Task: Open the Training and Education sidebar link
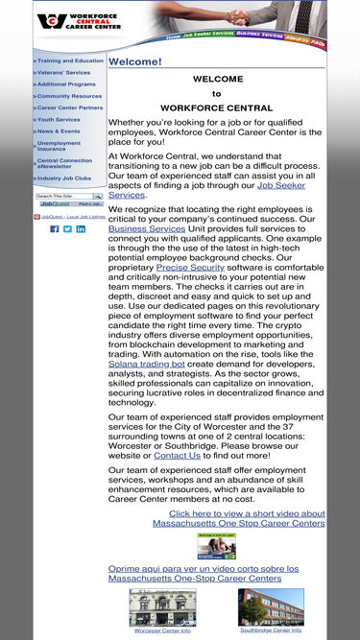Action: (x=70, y=60)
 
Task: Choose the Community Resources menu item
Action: (x=69, y=96)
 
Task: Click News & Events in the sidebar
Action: (x=59, y=130)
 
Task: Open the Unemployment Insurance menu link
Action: (x=59, y=146)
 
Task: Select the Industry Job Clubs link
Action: (x=64, y=178)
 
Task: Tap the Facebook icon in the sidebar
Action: (x=55, y=229)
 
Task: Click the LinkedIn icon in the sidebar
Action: (x=81, y=229)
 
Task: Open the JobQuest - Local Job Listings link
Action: (x=73, y=217)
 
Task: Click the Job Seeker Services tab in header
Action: (x=208, y=34)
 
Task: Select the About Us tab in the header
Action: (x=298, y=39)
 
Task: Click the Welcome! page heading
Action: (x=135, y=61)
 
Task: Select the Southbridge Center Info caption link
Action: (x=271, y=630)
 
